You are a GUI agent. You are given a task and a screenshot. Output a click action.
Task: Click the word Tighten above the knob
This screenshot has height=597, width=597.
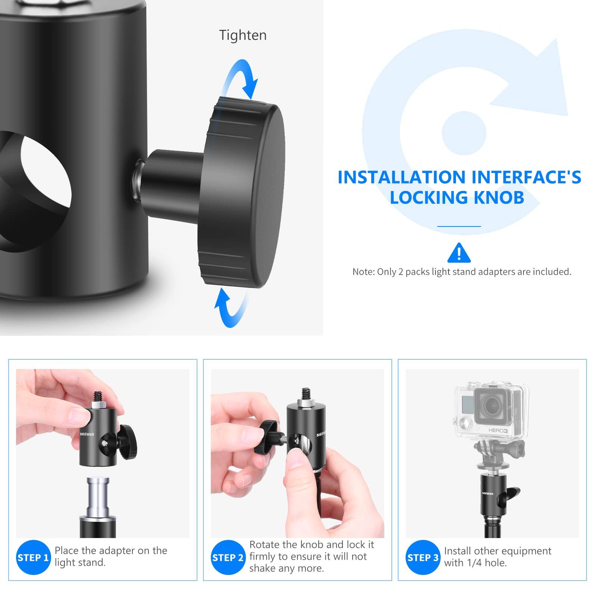(x=243, y=35)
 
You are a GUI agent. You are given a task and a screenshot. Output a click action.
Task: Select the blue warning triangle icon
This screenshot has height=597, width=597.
(x=459, y=253)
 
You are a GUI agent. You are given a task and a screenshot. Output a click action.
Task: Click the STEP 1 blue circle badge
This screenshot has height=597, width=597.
(x=33, y=557)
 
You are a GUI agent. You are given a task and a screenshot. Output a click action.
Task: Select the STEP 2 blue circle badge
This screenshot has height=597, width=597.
(x=228, y=557)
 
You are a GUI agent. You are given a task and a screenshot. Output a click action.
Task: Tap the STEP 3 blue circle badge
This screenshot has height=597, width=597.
(x=423, y=557)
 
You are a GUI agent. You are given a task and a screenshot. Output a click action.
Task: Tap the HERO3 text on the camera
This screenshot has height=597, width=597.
(x=498, y=431)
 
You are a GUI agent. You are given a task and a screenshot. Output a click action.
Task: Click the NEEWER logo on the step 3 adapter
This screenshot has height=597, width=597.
(x=487, y=494)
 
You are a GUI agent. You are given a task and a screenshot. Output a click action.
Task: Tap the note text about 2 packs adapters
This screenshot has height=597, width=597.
(x=462, y=272)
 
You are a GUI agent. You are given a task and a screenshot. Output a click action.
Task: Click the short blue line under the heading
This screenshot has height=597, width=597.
(x=459, y=226)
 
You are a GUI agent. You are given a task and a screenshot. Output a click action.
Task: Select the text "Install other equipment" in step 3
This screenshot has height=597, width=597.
(x=497, y=551)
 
